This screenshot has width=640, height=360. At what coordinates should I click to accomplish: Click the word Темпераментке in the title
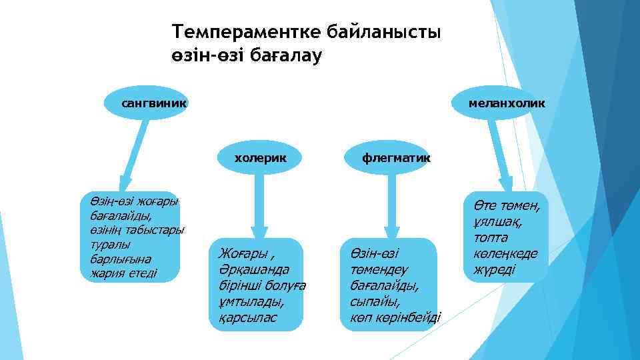(x=247, y=32)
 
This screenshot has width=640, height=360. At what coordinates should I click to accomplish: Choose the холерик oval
(x=259, y=158)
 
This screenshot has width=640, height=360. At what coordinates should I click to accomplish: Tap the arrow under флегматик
(x=392, y=207)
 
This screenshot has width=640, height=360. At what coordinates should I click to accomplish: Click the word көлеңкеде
(x=506, y=254)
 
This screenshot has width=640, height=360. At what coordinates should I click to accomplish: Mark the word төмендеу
(x=379, y=269)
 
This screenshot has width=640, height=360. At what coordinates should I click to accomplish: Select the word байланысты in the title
(x=385, y=32)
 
